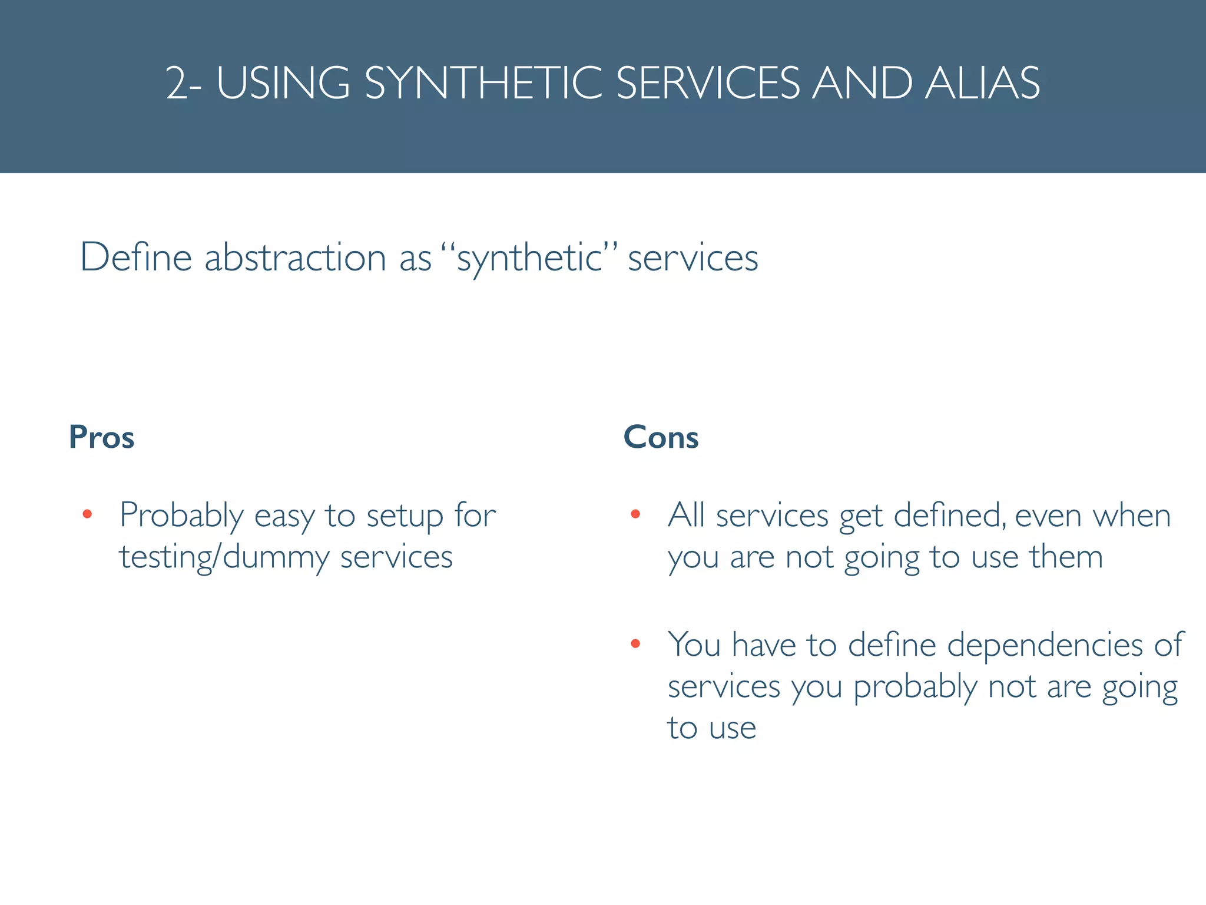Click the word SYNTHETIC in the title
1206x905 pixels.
pos(483,83)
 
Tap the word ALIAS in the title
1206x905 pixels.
pos(982,83)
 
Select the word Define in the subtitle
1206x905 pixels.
pos(136,257)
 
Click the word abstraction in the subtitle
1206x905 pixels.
pos(294,257)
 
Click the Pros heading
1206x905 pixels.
pos(101,437)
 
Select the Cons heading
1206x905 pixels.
pos(661,437)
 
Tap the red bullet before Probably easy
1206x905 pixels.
pos(87,514)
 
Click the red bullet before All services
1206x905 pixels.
pos(635,514)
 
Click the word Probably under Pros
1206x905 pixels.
pos(181,516)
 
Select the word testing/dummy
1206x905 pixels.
pos(224,557)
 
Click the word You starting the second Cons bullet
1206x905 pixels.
pos(694,645)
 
